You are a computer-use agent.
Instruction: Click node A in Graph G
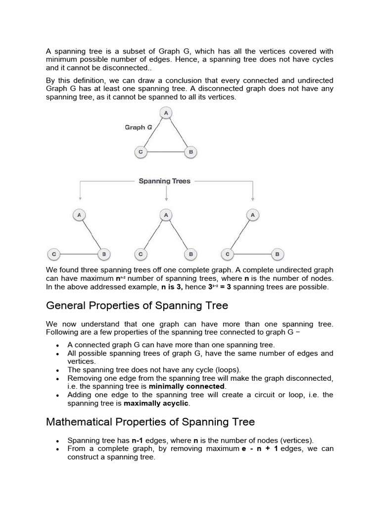(x=166, y=113)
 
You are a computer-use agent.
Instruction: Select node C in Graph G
(x=141, y=152)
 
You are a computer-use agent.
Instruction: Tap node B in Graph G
(x=190, y=152)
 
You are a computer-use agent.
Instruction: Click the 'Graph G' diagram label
(x=135, y=127)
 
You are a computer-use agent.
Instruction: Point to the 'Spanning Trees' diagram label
(x=164, y=181)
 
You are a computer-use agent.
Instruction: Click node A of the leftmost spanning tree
(x=79, y=215)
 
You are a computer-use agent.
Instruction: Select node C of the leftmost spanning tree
(x=53, y=254)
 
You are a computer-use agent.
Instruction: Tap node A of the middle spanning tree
(x=166, y=215)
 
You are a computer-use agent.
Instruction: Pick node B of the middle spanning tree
(x=190, y=254)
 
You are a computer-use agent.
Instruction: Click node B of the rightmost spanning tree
(x=277, y=254)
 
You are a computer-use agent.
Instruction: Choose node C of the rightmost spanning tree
(x=227, y=254)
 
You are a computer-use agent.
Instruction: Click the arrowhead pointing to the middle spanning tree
(x=166, y=199)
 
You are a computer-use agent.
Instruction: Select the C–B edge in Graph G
(x=165, y=152)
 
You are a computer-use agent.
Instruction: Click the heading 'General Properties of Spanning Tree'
(x=137, y=305)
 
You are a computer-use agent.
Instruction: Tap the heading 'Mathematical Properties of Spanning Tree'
(x=150, y=422)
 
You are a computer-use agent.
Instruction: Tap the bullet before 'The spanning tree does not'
(x=58, y=370)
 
